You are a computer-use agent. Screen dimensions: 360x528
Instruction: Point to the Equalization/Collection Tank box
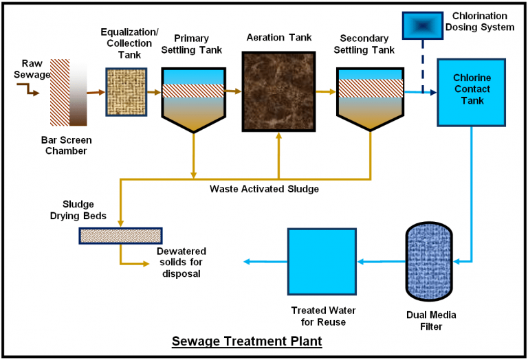click(x=126, y=91)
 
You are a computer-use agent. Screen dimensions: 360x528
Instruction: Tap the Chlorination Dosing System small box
click(x=422, y=27)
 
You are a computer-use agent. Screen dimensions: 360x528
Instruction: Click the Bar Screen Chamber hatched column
click(x=60, y=92)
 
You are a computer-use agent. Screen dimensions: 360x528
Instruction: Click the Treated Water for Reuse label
click(x=318, y=316)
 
